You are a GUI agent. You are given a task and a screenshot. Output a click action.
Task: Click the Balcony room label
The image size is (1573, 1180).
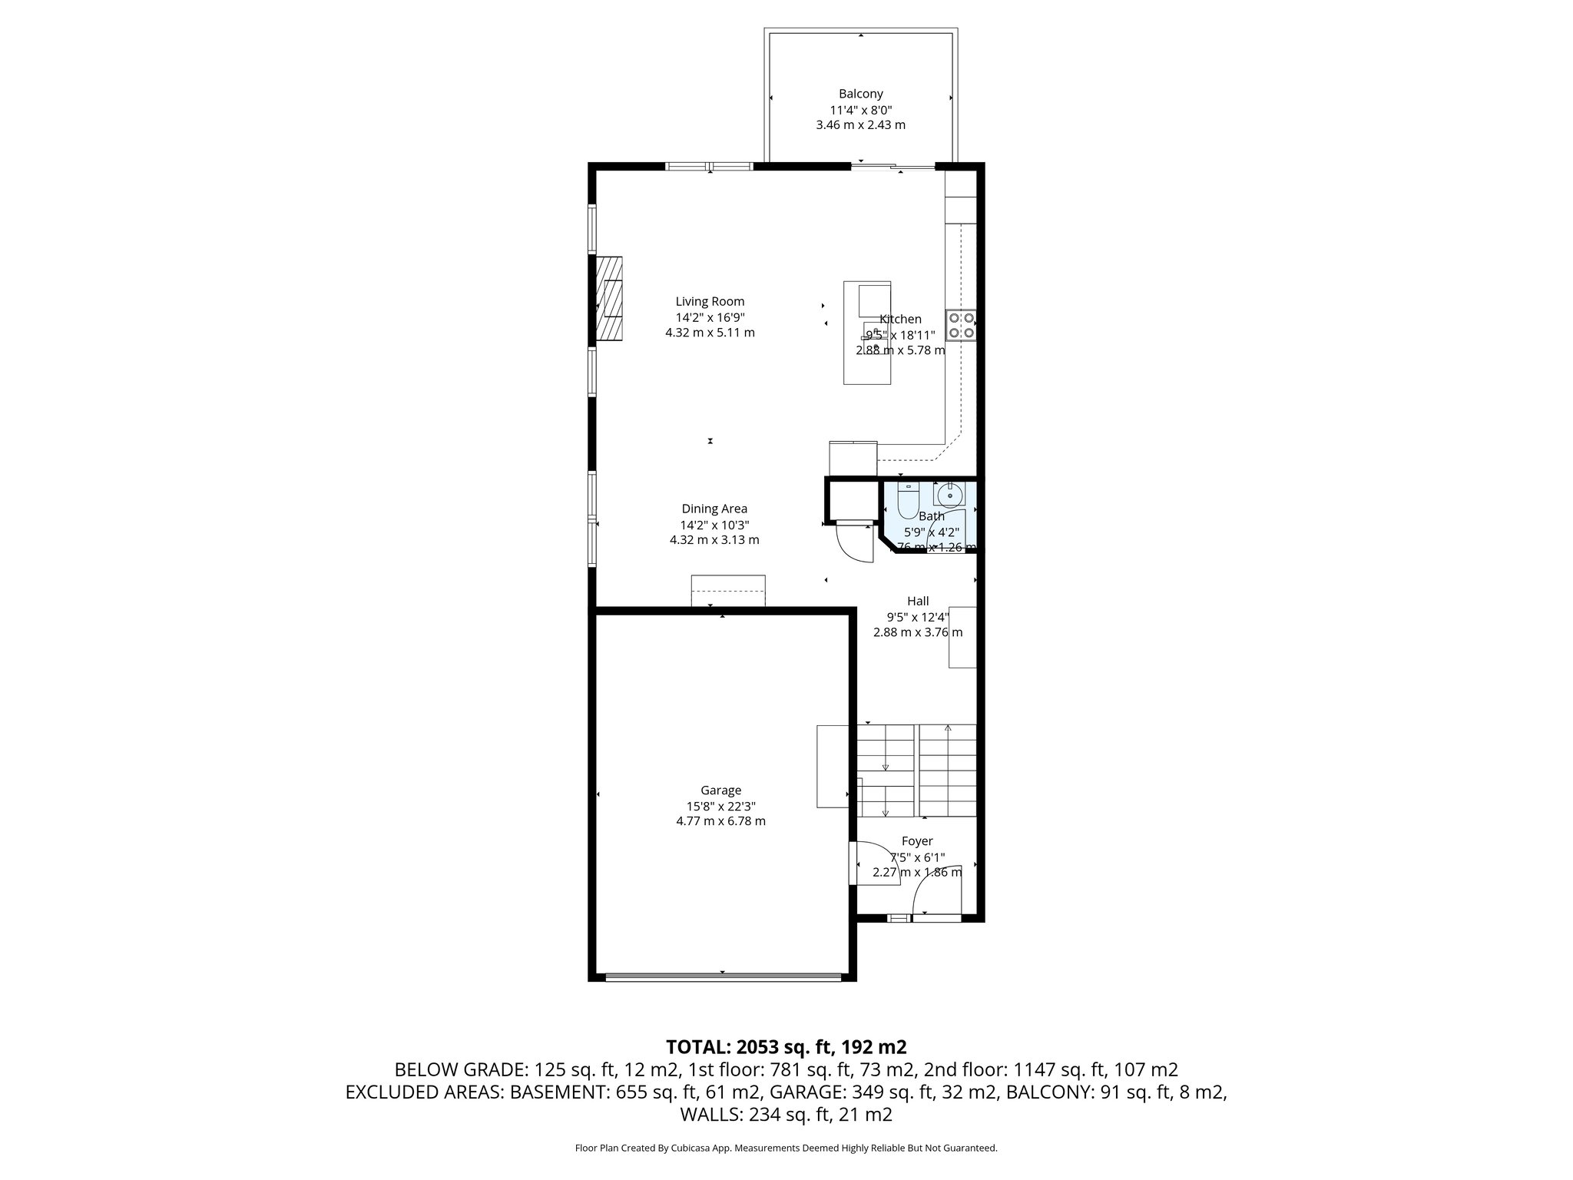pyautogui.click(x=860, y=94)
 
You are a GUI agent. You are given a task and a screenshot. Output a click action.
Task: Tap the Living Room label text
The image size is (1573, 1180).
pyautogui.click(x=710, y=302)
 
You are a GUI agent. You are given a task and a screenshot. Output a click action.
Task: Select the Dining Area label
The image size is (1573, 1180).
pyautogui.click(x=714, y=509)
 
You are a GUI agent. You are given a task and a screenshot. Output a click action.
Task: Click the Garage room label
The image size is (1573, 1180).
pyautogui.click(x=720, y=790)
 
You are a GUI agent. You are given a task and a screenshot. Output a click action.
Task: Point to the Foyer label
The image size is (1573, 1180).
pyautogui.click(x=917, y=841)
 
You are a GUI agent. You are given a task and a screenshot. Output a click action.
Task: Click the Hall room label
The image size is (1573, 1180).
pyautogui.click(x=918, y=601)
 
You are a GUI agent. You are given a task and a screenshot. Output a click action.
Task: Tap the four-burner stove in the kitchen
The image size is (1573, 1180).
pyautogui.click(x=961, y=325)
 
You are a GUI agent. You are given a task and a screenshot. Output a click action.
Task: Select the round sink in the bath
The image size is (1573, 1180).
pyautogui.click(x=950, y=495)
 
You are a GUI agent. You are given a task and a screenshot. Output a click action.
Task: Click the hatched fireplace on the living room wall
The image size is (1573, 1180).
pyautogui.click(x=611, y=298)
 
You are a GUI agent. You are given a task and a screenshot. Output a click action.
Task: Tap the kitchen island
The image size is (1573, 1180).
pyautogui.click(x=867, y=333)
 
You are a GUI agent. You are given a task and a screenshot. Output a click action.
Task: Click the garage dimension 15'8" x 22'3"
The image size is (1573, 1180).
pyautogui.click(x=720, y=806)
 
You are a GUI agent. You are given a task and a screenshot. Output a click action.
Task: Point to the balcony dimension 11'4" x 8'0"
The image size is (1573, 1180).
pyautogui.click(x=860, y=110)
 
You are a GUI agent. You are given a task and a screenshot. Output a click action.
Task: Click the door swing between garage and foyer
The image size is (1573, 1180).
pyautogui.click(x=876, y=867)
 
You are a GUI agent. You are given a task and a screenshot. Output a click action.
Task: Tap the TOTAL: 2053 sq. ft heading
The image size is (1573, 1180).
pyautogui.click(x=786, y=1046)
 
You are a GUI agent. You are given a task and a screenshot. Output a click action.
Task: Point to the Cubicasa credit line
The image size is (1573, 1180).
pyautogui.click(x=786, y=1148)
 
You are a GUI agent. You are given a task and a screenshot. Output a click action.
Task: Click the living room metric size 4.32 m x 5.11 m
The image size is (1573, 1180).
pyautogui.click(x=710, y=333)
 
